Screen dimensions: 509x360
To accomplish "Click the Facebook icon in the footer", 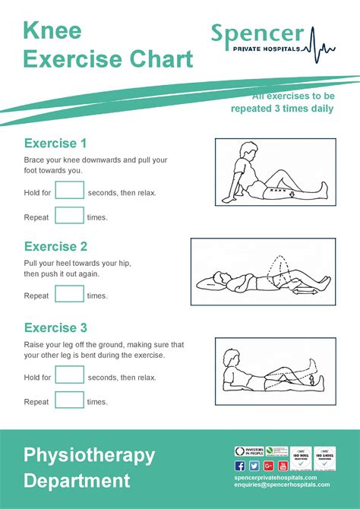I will tap(240, 465).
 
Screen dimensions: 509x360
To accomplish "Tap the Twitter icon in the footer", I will tap(254, 465).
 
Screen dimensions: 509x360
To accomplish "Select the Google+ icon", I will tap(268, 465).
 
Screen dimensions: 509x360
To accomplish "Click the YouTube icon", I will tap(283, 465).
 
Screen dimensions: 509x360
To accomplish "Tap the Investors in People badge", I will tap(248, 451).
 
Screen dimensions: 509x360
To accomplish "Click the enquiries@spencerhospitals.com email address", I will tap(282, 485).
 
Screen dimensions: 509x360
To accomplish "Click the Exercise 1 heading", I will tap(55, 144).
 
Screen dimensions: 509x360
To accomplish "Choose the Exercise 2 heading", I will tap(55, 246).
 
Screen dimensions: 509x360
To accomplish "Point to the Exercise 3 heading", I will tap(55, 328).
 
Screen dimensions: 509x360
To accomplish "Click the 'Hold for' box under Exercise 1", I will tap(69, 191).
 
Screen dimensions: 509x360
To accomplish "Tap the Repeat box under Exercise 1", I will tap(69, 217).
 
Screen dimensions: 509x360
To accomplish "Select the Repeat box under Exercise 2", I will tap(69, 295).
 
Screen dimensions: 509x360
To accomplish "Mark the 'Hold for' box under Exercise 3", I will tap(69, 376).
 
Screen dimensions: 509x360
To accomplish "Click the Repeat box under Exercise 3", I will tap(69, 401).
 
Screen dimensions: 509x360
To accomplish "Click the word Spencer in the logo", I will tap(257, 33).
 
